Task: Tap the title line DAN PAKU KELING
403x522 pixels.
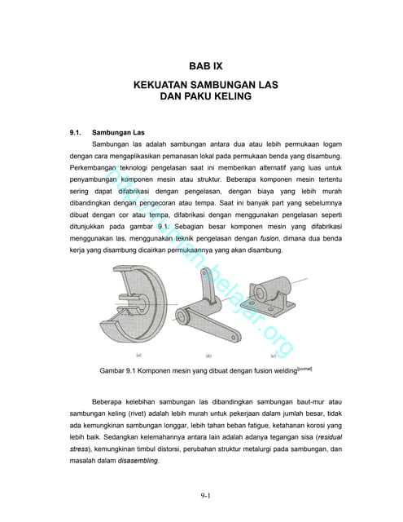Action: (x=200, y=95)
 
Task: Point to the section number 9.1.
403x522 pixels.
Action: (x=78, y=130)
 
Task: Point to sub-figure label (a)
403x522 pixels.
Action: (x=138, y=356)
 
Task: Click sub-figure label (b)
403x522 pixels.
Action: (x=208, y=356)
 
